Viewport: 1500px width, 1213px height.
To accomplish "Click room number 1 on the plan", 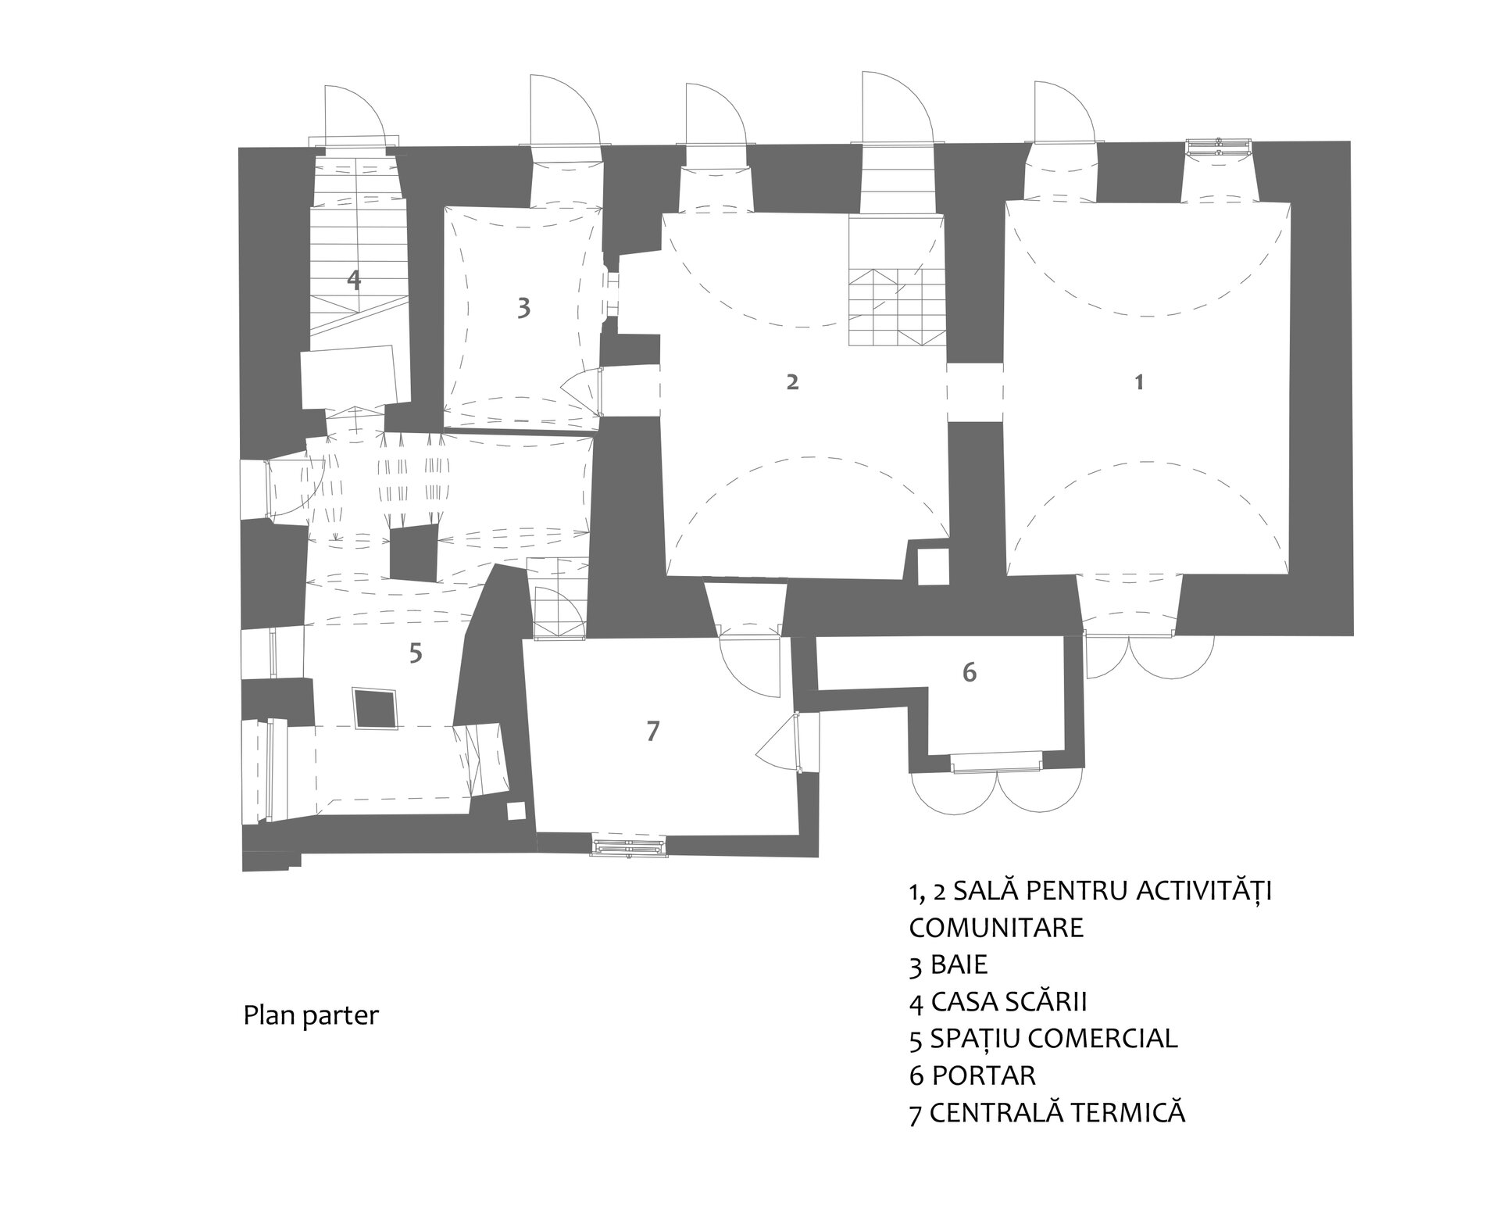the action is click(1139, 382).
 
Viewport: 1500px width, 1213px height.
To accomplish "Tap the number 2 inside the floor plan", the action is click(792, 382).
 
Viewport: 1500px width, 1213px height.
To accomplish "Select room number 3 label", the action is click(523, 308).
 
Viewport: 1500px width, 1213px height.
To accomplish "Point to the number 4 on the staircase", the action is click(354, 280).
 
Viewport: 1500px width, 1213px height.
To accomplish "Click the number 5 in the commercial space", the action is click(416, 652).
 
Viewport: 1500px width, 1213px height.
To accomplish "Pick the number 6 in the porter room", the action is click(970, 671).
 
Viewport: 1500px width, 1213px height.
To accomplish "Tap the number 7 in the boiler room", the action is click(653, 731).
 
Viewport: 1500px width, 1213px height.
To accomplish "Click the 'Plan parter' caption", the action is click(311, 1016).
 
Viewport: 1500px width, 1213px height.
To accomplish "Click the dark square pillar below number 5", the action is click(376, 708).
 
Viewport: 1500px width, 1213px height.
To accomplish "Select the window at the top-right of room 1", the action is click(1219, 147).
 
